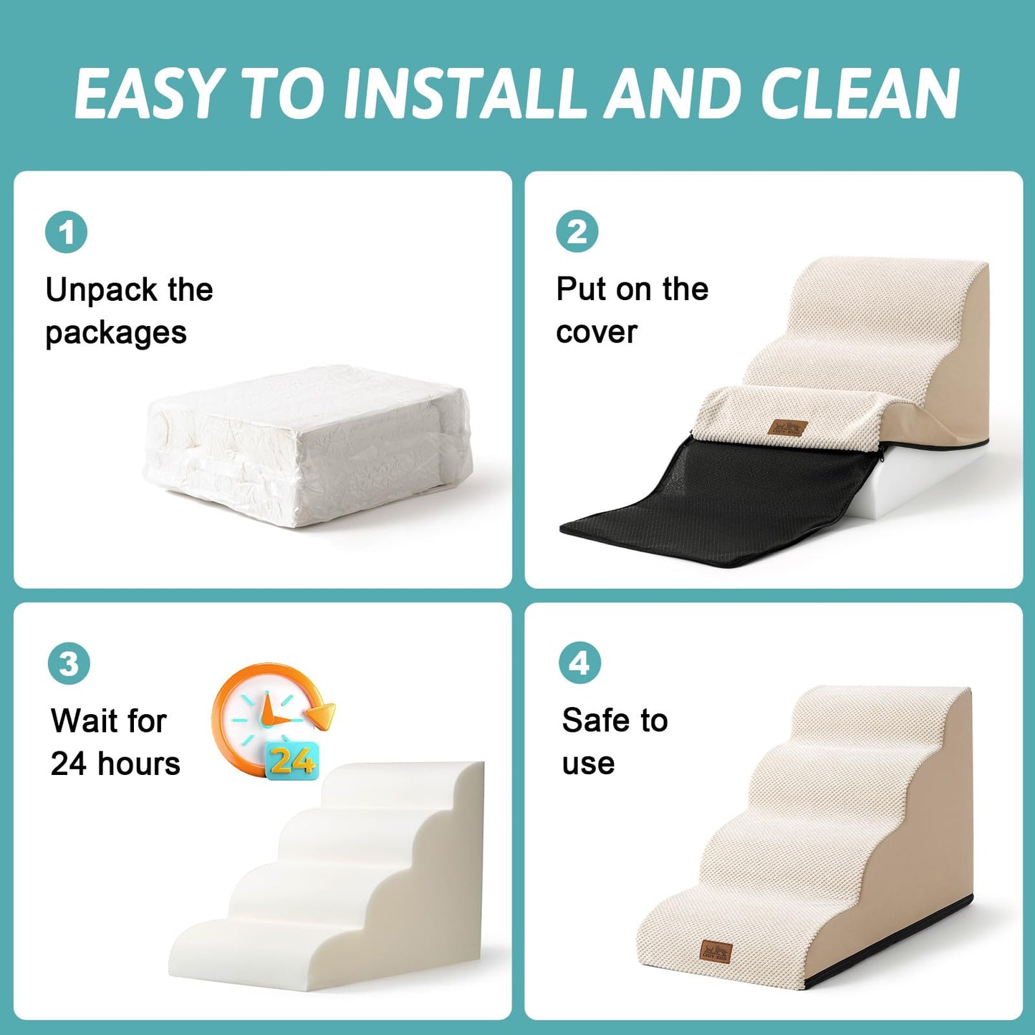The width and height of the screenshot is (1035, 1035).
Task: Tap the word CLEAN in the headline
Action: pyautogui.click(x=859, y=93)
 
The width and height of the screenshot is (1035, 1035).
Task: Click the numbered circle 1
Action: pyautogui.click(x=67, y=232)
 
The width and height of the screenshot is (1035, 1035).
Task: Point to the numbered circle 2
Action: pyautogui.click(x=577, y=231)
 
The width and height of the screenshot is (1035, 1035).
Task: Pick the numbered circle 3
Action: pyautogui.click(x=69, y=663)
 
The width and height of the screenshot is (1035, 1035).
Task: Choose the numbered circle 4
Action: pyautogui.click(x=579, y=663)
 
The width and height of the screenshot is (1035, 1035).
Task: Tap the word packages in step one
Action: pyautogui.click(x=116, y=333)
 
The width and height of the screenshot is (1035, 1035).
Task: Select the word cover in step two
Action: pyautogui.click(x=597, y=332)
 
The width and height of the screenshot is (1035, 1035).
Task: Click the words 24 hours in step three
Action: pyautogui.click(x=115, y=764)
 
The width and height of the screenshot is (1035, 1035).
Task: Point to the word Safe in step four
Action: pyautogui.click(x=596, y=720)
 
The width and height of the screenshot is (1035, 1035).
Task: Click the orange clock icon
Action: pyautogui.click(x=265, y=716)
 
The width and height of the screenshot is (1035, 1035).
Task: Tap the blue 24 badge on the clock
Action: pyautogui.click(x=292, y=761)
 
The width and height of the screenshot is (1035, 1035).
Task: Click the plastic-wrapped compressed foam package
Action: pyautogui.click(x=308, y=448)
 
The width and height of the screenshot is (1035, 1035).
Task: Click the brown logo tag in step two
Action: pyautogui.click(x=788, y=428)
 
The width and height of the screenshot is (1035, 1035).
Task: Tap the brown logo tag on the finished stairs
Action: pyautogui.click(x=716, y=952)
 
